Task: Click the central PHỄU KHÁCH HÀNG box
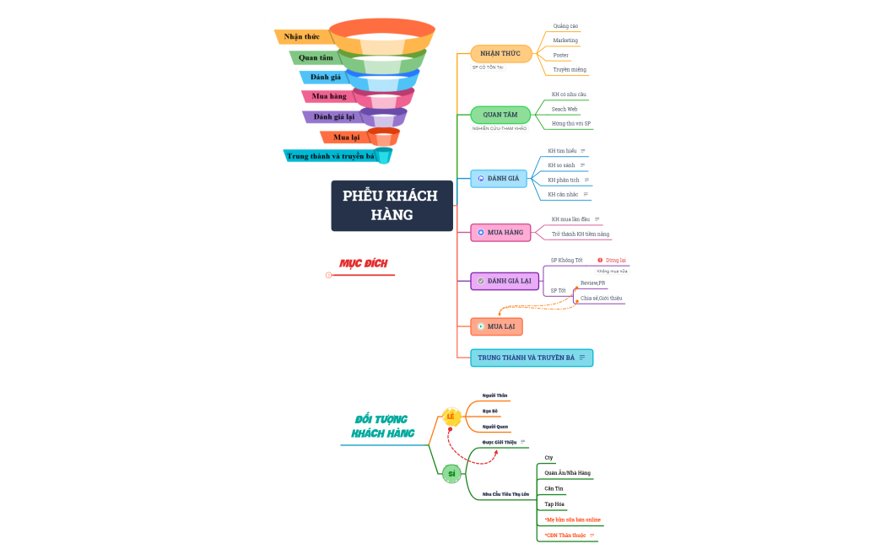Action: click(392, 205)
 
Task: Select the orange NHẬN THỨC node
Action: click(500, 54)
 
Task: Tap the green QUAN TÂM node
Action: click(500, 115)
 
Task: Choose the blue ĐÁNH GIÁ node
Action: click(499, 178)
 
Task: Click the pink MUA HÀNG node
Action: click(500, 232)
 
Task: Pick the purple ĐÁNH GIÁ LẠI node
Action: click(504, 280)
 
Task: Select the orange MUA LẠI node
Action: click(496, 326)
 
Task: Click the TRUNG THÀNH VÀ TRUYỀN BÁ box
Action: click(531, 358)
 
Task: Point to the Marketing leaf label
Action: click(565, 40)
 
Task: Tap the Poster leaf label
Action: click(561, 55)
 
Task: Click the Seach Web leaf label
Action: click(565, 109)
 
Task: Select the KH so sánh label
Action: click(561, 165)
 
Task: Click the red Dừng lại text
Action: click(616, 261)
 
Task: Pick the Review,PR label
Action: click(592, 283)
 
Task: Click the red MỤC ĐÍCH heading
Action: click(363, 263)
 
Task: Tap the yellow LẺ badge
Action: click(451, 417)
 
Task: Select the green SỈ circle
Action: click(451, 474)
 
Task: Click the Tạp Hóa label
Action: click(554, 504)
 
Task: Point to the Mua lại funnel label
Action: click(346, 137)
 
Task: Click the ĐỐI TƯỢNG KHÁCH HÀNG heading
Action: click(382, 426)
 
